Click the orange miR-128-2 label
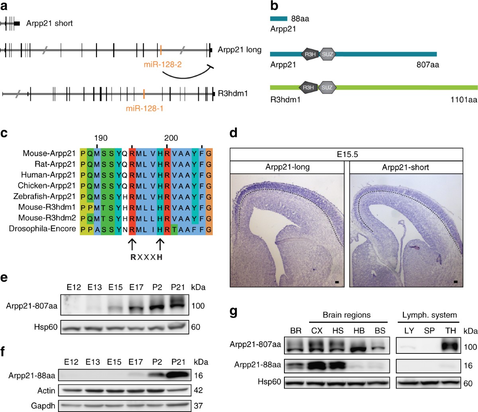click(x=163, y=64)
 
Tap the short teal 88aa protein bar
click(x=278, y=18)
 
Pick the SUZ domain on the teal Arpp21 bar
click(x=328, y=54)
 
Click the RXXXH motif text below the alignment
click(x=147, y=257)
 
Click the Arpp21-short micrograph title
click(x=406, y=167)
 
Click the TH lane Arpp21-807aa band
click(x=451, y=344)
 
